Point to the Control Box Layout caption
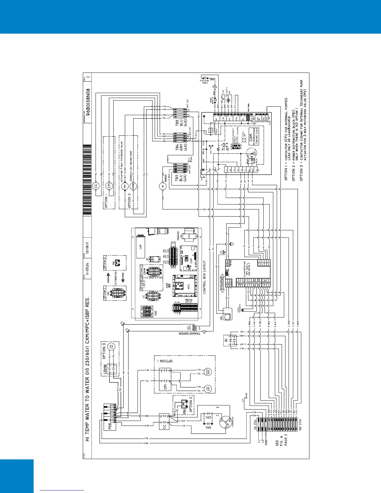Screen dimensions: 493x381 pyautogui.click(x=205, y=277)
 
